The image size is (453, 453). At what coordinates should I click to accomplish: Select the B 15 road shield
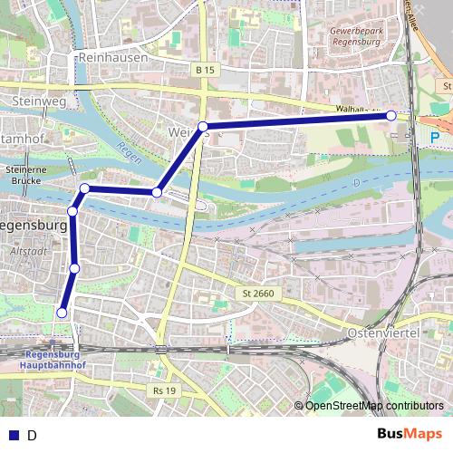tap(203, 69)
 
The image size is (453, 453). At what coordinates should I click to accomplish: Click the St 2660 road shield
tap(258, 294)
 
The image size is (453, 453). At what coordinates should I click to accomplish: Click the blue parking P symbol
tap(435, 138)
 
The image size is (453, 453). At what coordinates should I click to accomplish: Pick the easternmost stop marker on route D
tap(390, 116)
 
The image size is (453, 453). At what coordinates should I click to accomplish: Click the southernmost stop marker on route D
tap(62, 313)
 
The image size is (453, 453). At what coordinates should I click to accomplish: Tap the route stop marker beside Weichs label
tap(203, 127)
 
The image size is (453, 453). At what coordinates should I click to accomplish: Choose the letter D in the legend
tap(32, 436)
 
